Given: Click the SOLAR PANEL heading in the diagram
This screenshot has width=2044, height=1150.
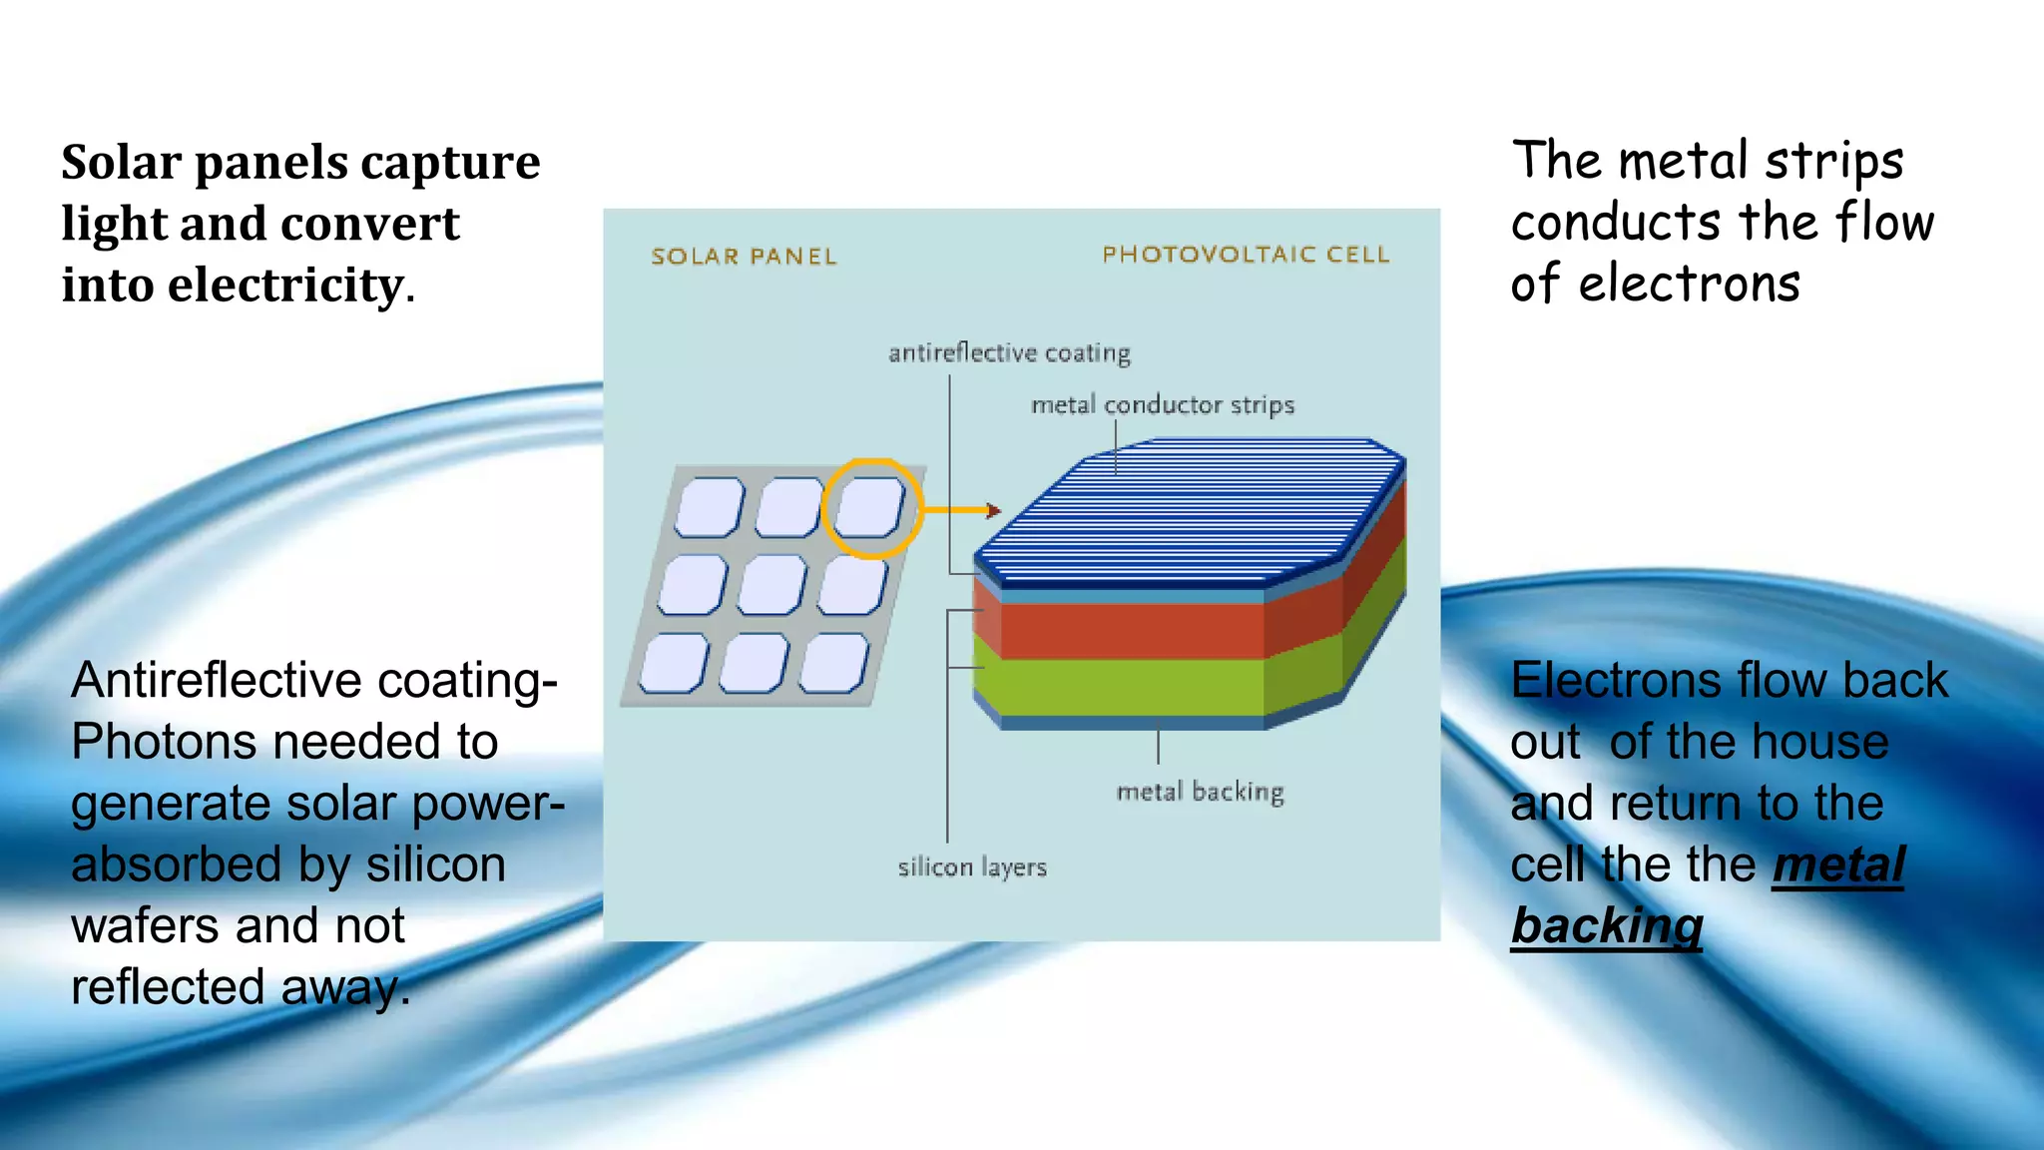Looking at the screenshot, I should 744,257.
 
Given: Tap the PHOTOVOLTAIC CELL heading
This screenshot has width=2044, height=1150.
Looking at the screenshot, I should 1246,255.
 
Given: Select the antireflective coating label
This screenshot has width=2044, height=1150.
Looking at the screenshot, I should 1009,353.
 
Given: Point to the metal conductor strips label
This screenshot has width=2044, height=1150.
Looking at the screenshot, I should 1163,405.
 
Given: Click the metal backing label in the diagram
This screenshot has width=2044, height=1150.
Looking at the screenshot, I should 1200,792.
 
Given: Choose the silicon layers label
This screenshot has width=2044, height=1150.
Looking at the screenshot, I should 972,867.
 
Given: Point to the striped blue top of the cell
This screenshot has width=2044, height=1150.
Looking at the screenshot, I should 1188,509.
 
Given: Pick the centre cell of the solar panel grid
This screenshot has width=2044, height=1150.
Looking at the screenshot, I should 771,584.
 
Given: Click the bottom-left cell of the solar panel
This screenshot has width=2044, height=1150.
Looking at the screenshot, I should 674,663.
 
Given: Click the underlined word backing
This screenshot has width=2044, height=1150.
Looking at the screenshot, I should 1606,926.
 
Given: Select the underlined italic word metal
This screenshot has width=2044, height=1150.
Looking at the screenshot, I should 1837,864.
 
